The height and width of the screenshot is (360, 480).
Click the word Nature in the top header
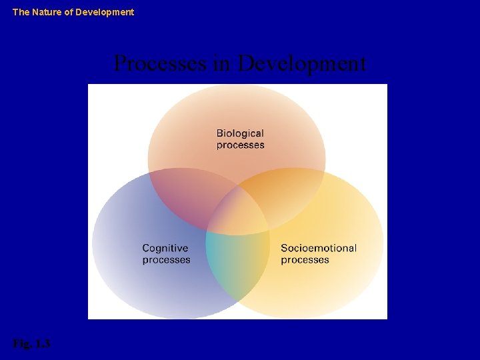click(47, 12)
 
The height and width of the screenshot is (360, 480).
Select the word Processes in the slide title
click(161, 64)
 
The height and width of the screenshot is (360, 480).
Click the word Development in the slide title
click(302, 64)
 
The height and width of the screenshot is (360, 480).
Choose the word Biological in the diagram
click(240, 133)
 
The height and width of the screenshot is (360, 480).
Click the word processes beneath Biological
click(240, 145)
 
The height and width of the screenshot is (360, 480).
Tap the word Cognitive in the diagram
click(165, 248)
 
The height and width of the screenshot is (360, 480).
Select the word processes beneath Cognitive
click(166, 260)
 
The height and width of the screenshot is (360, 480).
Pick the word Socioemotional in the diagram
click(319, 248)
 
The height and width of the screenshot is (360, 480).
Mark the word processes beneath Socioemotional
click(305, 260)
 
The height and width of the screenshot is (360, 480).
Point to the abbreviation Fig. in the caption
click(21, 344)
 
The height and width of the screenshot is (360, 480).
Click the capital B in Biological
click(220, 133)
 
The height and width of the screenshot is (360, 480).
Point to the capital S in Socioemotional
click(284, 248)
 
